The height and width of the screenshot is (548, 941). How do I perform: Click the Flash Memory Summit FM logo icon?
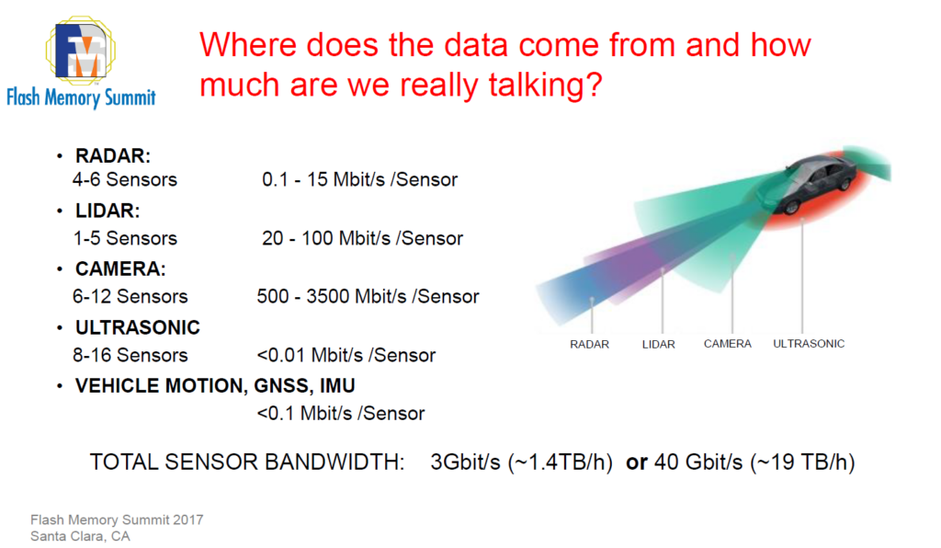coord(81,50)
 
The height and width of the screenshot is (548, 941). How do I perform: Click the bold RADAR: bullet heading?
coord(113,155)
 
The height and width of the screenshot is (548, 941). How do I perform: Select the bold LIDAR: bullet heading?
coord(108,211)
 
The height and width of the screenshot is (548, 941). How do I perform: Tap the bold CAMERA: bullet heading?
coord(120,268)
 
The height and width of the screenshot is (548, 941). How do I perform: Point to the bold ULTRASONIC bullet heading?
coord(138,327)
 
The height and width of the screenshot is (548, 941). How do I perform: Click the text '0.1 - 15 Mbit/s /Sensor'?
coord(359,179)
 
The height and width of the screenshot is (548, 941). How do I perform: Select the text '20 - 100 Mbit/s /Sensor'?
coord(362,238)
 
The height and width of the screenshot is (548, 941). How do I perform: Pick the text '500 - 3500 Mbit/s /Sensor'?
coord(368,296)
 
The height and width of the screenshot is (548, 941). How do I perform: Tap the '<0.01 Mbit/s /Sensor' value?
coord(346,355)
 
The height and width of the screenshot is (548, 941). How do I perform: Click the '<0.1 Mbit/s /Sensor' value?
coord(340,414)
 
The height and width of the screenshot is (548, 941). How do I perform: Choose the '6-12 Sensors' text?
coord(130,296)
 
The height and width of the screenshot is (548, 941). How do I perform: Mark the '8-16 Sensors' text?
coord(130,355)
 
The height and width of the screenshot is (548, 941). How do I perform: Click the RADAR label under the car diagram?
coord(589,345)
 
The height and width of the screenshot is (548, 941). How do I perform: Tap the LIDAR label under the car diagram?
coord(658,345)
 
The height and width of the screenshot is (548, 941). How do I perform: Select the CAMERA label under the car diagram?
coord(728,344)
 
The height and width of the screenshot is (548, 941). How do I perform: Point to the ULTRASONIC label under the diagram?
coord(809,344)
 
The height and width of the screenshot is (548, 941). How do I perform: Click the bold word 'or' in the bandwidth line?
coord(637,462)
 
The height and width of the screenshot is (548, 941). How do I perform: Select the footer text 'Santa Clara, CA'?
coord(81,536)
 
